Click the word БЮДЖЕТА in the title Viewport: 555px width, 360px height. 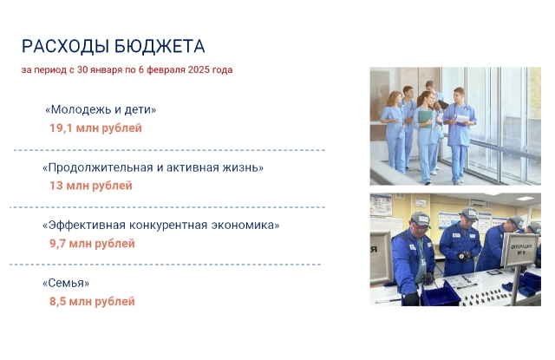160,47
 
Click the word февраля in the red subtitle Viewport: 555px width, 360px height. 166,70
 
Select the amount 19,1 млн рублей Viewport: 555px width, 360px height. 95,128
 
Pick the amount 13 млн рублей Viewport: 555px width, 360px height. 90,186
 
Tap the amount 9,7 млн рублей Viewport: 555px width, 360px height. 92,244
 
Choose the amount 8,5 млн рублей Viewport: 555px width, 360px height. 92,301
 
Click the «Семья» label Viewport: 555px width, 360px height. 66,283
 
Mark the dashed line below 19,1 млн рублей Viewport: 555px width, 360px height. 170,150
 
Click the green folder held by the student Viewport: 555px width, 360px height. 425,118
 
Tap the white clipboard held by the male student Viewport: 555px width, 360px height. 461,120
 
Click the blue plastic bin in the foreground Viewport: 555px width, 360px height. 441,295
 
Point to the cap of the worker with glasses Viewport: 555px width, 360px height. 421,219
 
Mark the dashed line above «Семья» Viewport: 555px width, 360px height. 166,265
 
